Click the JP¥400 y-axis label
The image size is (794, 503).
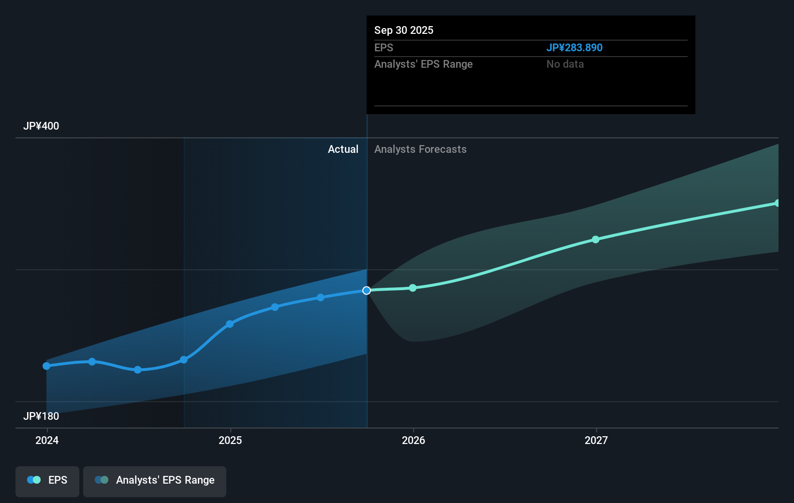click(41, 126)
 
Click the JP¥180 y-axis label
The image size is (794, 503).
click(41, 416)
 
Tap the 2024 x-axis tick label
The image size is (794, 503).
click(47, 440)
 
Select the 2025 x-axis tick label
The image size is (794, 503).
click(230, 440)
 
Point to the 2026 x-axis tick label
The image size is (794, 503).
click(413, 440)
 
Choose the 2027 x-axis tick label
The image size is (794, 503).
click(596, 440)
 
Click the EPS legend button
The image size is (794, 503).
click(47, 481)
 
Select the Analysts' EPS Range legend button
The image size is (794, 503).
click(155, 481)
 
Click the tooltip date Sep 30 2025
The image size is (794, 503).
click(404, 30)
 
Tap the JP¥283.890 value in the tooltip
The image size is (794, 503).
click(574, 48)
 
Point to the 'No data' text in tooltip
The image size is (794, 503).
click(565, 64)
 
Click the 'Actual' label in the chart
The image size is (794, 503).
click(343, 149)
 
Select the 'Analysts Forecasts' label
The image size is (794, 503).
click(420, 149)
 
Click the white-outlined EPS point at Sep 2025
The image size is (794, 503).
click(367, 291)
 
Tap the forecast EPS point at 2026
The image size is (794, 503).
click(413, 288)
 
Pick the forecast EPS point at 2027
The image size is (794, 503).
click(596, 240)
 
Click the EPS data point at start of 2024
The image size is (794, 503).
click(46, 366)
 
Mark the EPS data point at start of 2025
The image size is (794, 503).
click(230, 324)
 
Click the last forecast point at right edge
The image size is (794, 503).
click(777, 203)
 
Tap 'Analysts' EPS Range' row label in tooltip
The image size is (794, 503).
click(423, 64)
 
